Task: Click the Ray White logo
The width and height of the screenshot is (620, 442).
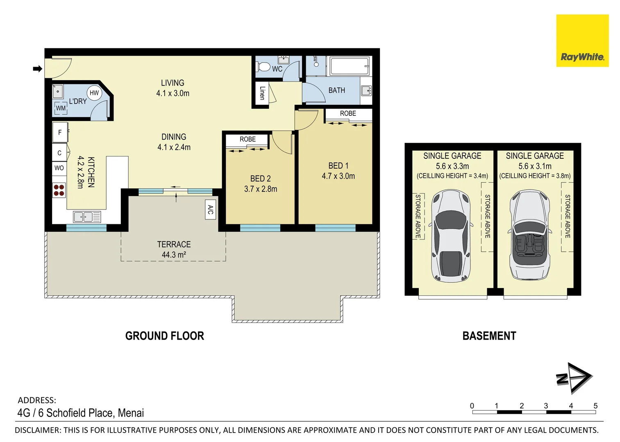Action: [582, 41]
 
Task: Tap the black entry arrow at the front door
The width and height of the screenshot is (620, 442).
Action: [37, 69]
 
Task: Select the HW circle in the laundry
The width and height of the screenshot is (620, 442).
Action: [94, 93]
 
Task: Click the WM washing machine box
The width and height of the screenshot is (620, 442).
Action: [61, 108]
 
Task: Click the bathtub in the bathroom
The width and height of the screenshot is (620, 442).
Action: [350, 66]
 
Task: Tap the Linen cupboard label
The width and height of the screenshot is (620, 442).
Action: [262, 93]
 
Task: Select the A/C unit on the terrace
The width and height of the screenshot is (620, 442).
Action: [210, 210]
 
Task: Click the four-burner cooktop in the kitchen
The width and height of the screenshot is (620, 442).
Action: [59, 190]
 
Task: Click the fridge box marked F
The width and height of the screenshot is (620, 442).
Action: [60, 132]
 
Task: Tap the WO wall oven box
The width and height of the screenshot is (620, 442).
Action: [59, 168]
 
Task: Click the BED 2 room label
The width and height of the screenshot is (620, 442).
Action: [260, 178]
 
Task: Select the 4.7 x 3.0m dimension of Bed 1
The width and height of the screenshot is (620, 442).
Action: [338, 176]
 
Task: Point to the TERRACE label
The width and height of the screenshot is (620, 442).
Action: [174, 244]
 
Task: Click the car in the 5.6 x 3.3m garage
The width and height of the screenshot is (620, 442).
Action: [451, 235]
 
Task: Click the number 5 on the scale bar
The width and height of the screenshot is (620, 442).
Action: [595, 406]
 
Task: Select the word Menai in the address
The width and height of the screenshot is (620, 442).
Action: [131, 413]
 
